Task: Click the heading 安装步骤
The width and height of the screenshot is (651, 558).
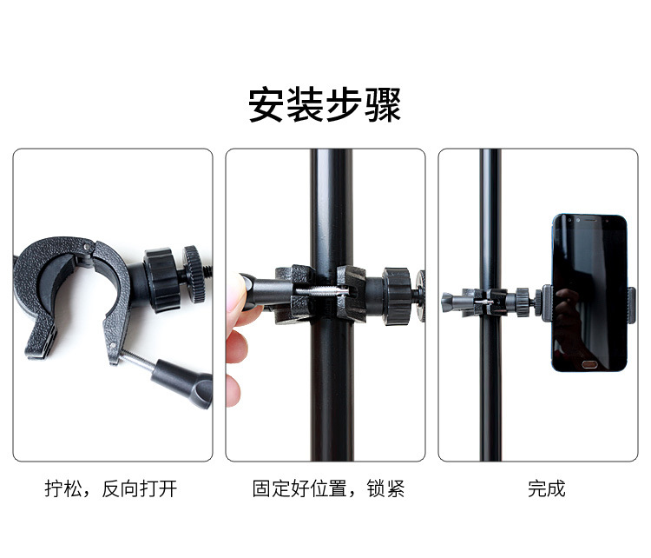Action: coord(325,104)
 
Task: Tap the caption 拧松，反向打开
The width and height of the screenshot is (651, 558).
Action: coord(111,488)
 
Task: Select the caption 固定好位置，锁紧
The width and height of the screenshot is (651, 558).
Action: coord(328,488)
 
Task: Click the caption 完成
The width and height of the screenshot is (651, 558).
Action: coord(546,488)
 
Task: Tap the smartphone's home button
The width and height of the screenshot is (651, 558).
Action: coord(589,364)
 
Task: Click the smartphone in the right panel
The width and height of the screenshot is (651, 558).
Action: coord(589,293)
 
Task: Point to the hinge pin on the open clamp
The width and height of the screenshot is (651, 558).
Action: coord(87,247)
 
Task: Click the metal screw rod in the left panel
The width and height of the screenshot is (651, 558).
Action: coord(138,359)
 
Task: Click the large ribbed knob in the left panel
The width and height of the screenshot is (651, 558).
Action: coord(161,280)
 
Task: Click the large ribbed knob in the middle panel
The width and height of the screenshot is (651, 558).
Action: coord(397,296)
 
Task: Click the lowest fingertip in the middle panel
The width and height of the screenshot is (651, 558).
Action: coord(233,390)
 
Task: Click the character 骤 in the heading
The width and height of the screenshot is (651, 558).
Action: coord(383,104)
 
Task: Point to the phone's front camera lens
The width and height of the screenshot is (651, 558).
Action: coord(578,220)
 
